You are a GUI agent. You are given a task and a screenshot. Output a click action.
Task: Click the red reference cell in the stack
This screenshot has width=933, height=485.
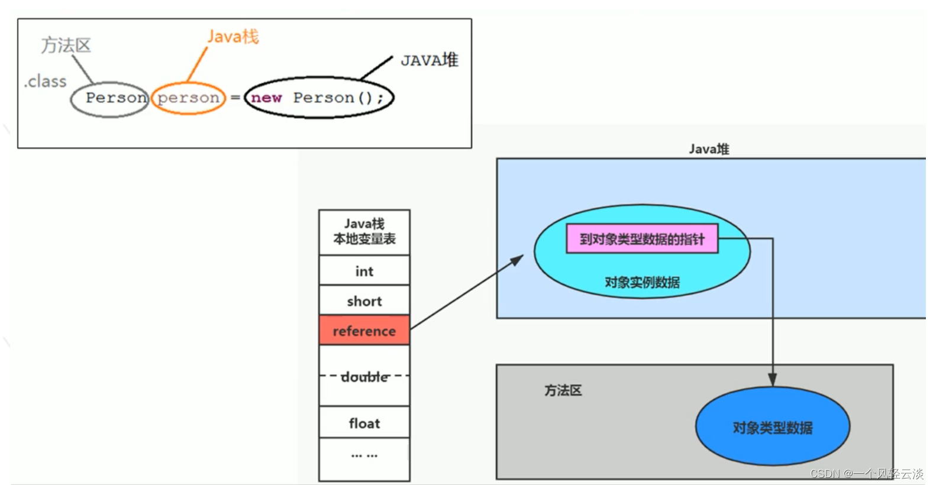point(364,330)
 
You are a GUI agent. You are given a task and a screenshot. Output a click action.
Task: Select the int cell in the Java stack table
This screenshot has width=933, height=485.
point(364,271)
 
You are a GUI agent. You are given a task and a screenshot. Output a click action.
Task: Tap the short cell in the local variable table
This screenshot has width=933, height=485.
point(364,301)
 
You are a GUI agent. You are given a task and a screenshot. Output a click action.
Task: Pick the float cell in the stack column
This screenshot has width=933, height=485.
point(364,423)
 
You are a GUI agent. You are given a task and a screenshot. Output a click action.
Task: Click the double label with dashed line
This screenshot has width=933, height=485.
point(364,376)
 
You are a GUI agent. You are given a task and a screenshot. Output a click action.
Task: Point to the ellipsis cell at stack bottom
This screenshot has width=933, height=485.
point(364,455)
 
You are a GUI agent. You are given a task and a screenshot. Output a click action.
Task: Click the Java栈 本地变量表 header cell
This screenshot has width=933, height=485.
point(364,232)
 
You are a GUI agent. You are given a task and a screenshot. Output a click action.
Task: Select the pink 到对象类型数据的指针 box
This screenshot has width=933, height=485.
point(642,239)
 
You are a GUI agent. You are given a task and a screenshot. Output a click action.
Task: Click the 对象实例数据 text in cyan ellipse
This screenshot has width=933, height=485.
point(642,282)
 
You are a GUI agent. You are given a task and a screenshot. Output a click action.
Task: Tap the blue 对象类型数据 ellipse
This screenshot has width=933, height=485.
point(772,427)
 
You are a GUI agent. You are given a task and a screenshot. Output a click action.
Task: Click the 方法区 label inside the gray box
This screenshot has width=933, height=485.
point(563,390)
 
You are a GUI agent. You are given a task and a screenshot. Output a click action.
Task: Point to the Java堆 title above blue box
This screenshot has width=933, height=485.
point(708,149)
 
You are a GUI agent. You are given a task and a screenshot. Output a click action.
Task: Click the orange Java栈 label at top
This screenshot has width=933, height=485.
point(233,37)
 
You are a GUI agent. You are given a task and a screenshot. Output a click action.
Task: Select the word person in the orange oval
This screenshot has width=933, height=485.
point(188,98)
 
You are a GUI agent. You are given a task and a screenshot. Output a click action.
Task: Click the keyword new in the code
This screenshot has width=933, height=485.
point(266,98)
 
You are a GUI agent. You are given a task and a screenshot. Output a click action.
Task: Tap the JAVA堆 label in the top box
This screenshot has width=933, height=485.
point(430,60)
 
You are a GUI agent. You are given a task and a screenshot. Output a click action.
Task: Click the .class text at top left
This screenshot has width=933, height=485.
point(45,81)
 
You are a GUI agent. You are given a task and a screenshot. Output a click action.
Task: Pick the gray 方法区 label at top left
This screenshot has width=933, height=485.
point(66,46)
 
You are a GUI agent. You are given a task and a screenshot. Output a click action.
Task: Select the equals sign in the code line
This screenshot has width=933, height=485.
point(235,98)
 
